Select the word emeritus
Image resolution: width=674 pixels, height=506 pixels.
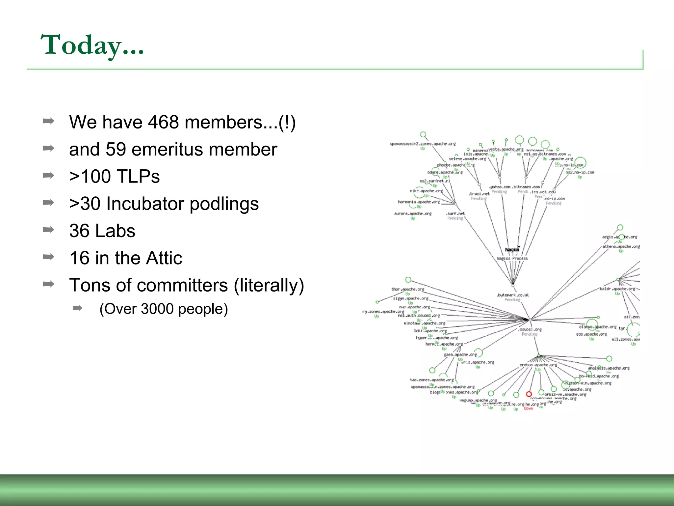click(165, 149)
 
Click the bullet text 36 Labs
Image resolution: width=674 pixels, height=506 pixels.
click(102, 231)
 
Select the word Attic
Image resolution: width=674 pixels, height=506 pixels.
click(164, 258)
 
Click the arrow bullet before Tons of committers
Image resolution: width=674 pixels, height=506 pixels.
click(48, 284)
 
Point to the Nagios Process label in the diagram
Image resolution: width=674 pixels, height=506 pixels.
click(512, 259)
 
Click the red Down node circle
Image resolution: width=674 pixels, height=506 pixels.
click(529, 394)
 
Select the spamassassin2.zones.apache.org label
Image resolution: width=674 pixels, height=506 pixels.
click(423, 144)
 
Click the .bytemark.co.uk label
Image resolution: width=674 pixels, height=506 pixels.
click(512, 295)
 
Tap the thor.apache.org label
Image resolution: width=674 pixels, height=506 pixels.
click(407, 289)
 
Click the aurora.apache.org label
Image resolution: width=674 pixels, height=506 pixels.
click(413, 214)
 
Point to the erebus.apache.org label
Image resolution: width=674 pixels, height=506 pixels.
click(538, 365)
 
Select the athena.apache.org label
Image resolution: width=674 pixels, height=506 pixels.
click(621, 246)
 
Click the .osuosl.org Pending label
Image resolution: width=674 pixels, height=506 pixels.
click(530, 329)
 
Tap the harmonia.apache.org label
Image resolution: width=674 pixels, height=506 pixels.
click(419, 202)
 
